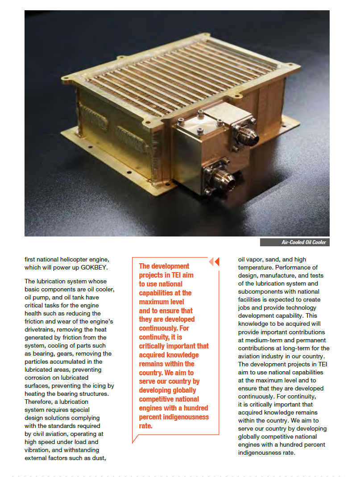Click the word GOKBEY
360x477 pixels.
(95, 267)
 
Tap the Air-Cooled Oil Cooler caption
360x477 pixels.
(304, 242)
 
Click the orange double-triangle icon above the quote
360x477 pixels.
(215, 261)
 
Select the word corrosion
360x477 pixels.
(39, 377)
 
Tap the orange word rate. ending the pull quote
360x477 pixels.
(146, 426)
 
